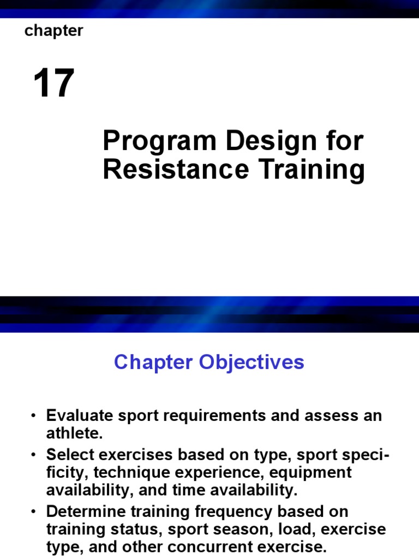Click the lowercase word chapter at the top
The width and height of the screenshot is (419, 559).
pyautogui.click(x=53, y=32)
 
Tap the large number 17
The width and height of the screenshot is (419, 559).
pyautogui.click(x=53, y=84)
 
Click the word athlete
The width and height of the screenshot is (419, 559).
pyautogui.click(x=74, y=434)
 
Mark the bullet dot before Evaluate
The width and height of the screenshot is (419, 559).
pyautogui.click(x=34, y=416)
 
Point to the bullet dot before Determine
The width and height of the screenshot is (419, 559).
pyautogui.click(x=34, y=512)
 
